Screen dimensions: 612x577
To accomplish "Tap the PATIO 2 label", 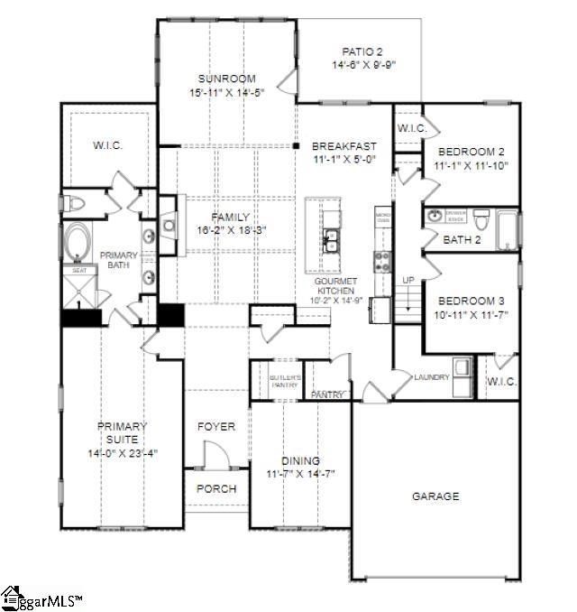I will tap(363, 51).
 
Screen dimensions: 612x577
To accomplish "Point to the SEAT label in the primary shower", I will tap(78, 270).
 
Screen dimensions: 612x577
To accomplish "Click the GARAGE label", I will tap(435, 496).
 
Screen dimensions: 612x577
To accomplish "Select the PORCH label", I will tap(216, 488).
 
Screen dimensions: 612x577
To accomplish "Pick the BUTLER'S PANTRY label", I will tap(284, 380).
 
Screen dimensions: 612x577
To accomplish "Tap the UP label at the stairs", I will tap(408, 281).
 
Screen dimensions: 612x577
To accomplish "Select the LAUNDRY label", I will tap(432, 376).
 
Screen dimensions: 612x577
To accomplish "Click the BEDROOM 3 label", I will tap(472, 301).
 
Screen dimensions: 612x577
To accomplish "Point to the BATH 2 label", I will tap(462, 239).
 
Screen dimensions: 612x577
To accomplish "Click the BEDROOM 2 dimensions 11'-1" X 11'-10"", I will tap(472, 165).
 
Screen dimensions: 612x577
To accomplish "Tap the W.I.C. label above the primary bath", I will tap(107, 145).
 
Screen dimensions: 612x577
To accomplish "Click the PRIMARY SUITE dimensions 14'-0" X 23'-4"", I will tap(123, 452).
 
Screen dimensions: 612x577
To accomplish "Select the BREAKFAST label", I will tap(344, 146).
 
